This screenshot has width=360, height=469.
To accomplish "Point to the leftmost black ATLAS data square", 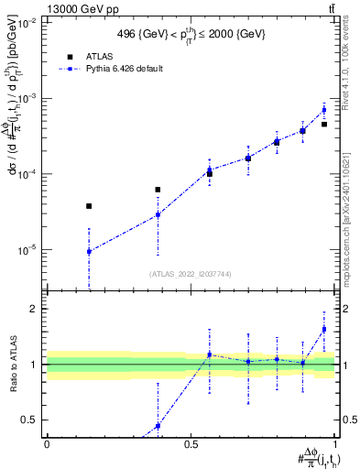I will [x=89, y=206].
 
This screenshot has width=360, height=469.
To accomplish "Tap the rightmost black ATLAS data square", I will [x=324, y=124].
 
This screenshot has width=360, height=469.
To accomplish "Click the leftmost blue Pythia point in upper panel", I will [x=89, y=251].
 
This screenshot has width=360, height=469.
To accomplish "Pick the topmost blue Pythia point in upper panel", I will [x=324, y=110].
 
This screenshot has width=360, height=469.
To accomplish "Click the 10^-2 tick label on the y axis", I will [x=27, y=23].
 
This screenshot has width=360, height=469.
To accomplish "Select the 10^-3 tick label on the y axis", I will [x=27, y=98].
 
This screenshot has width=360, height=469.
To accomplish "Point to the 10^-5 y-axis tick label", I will [x=27, y=249].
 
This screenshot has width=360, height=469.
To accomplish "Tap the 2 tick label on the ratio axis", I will [x=35, y=309].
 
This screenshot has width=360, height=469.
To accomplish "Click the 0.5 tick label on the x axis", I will [x=191, y=444].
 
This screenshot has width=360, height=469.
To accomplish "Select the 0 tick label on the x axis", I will [x=47, y=444].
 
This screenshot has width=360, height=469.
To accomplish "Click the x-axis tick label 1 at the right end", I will [x=335, y=444].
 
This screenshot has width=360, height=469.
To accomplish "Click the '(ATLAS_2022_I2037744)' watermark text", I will [x=191, y=274].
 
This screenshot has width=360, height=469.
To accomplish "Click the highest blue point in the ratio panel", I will [x=324, y=329].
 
